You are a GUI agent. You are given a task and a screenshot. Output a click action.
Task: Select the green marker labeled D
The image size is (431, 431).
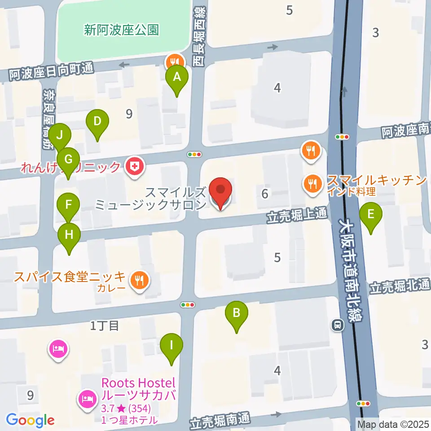pos(97,122)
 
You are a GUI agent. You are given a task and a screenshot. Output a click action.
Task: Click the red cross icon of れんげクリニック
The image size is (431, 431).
pos(134,167)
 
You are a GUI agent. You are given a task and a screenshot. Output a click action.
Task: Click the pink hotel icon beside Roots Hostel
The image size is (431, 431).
pos(86,398)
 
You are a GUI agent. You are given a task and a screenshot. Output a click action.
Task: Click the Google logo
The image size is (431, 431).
pos(30,420)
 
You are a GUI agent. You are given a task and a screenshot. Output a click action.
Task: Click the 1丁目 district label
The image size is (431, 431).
pos(104,326)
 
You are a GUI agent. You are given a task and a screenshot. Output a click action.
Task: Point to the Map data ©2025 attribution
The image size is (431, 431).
pos(393,423)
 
